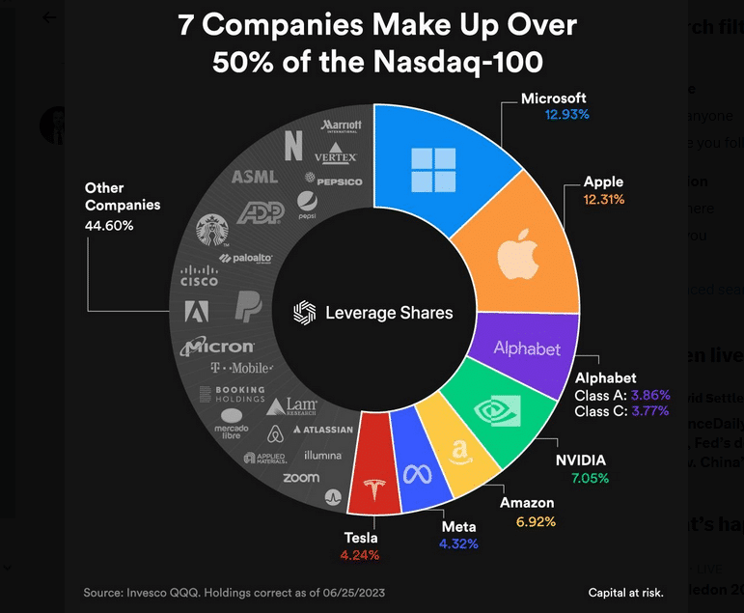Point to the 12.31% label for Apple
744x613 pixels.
(603, 199)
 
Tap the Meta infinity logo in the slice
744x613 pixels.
(417, 474)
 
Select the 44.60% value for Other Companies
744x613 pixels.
(109, 225)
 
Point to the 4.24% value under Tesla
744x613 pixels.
(359, 555)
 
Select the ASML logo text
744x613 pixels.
(254, 177)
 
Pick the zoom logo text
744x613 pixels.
(301, 478)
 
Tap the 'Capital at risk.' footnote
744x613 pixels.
(625, 592)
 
